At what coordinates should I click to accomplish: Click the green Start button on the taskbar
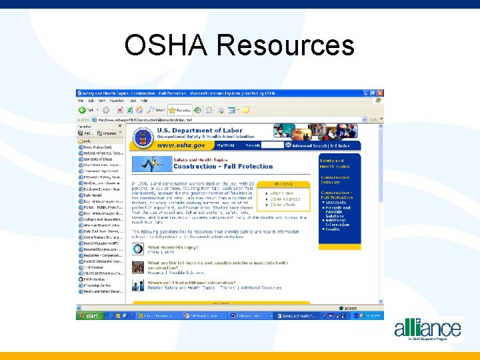click(x=90, y=315)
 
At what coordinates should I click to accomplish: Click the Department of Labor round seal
click(x=143, y=139)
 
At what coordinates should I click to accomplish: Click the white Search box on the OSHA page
click(x=272, y=145)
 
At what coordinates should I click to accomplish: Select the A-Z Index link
click(x=346, y=145)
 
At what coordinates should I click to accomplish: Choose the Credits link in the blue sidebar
click(x=333, y=229)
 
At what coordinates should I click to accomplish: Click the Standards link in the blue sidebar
click(x=337, y=202)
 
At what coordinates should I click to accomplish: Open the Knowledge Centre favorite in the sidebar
click(x=97, y=285)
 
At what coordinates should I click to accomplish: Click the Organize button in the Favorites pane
click(x=109, y=133)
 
